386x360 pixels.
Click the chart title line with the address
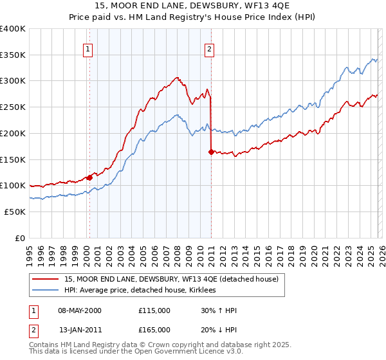(x=193, y=6)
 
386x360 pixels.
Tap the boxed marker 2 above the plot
(x=210, y=48)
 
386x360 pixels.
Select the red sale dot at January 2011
(x=211, y=152)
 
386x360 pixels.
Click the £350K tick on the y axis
(x=13, y=55)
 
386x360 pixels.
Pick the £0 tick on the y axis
(x=21, y=238)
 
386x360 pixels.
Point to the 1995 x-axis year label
(x=30, y=251)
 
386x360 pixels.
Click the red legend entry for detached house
(x=171, y=279)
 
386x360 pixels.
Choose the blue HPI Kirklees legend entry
(x=144, y=291)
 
